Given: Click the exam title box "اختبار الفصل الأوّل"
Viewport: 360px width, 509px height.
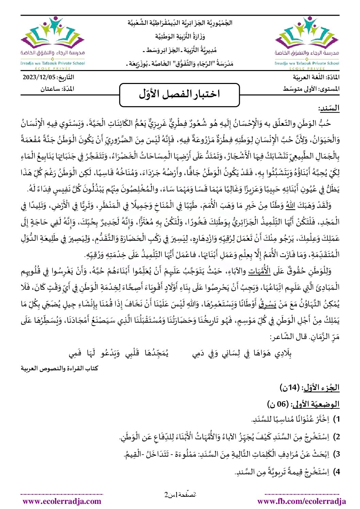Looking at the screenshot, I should (180, 95).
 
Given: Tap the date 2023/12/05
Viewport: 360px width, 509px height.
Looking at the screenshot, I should (39, 77).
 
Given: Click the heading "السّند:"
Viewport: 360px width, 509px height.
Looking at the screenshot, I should (329, 108).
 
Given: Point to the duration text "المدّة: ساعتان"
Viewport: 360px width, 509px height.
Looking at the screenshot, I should (57, 89).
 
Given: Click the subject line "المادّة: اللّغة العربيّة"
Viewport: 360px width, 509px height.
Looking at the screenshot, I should (311, 77).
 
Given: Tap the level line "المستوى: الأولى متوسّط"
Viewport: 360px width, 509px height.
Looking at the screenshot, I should (311, 89).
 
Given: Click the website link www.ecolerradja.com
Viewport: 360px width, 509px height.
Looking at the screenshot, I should (62, 501).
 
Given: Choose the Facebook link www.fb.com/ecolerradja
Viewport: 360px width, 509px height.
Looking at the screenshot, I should (301, 501).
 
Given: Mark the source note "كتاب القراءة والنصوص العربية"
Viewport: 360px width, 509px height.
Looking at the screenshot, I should (60, 368).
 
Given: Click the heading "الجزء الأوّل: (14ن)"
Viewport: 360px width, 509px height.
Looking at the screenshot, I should (310, 387).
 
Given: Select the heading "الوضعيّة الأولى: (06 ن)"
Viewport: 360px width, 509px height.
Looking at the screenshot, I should (304, 404).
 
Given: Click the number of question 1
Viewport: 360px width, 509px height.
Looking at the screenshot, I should (336, 420).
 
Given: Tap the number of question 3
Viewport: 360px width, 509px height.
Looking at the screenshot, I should (336, 454).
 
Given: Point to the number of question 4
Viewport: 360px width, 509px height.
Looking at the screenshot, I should (336, 472).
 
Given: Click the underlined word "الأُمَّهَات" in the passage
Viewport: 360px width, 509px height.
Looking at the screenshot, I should (261, 271).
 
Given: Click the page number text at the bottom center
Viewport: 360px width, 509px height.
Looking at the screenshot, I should (180, 494).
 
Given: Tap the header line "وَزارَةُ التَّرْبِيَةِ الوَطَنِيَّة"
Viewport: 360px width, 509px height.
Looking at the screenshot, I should (180, 36).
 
